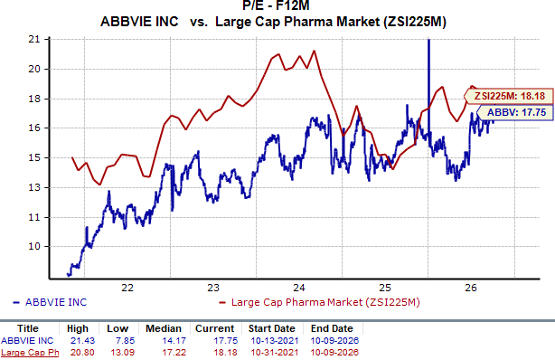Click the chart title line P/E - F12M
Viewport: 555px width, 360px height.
tap(276, 5)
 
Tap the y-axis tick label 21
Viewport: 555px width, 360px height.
tap(34, 39)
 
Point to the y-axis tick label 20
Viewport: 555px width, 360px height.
tap(34, 69)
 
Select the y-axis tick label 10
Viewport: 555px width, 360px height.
tap(34, 246)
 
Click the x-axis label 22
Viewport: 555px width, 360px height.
tap(127, 288)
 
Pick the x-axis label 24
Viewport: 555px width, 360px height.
tap(299, 288)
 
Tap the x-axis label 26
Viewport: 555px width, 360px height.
tap(471, 288)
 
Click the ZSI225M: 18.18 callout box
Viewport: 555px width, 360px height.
tap(509, 96)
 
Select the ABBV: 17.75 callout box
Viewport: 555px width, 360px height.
tap(515, 113)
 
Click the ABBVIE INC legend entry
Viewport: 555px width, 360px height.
tap(50, 302)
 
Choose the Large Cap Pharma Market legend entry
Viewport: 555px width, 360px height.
tap(320, 302)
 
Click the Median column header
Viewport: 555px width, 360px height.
tap(164, 328)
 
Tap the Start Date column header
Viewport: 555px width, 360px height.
tap(271, 328)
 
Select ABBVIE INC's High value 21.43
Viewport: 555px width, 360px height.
tap(83, 340)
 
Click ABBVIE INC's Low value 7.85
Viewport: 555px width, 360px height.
tap(126, 340)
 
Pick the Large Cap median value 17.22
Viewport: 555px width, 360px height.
tap(174, 353)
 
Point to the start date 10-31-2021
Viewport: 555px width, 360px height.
tap(275, 353)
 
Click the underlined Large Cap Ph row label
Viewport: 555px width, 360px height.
tap(30, 353)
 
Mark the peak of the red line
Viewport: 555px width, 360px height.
tap(314, 51)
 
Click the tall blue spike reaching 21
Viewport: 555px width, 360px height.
tap(429, 89)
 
